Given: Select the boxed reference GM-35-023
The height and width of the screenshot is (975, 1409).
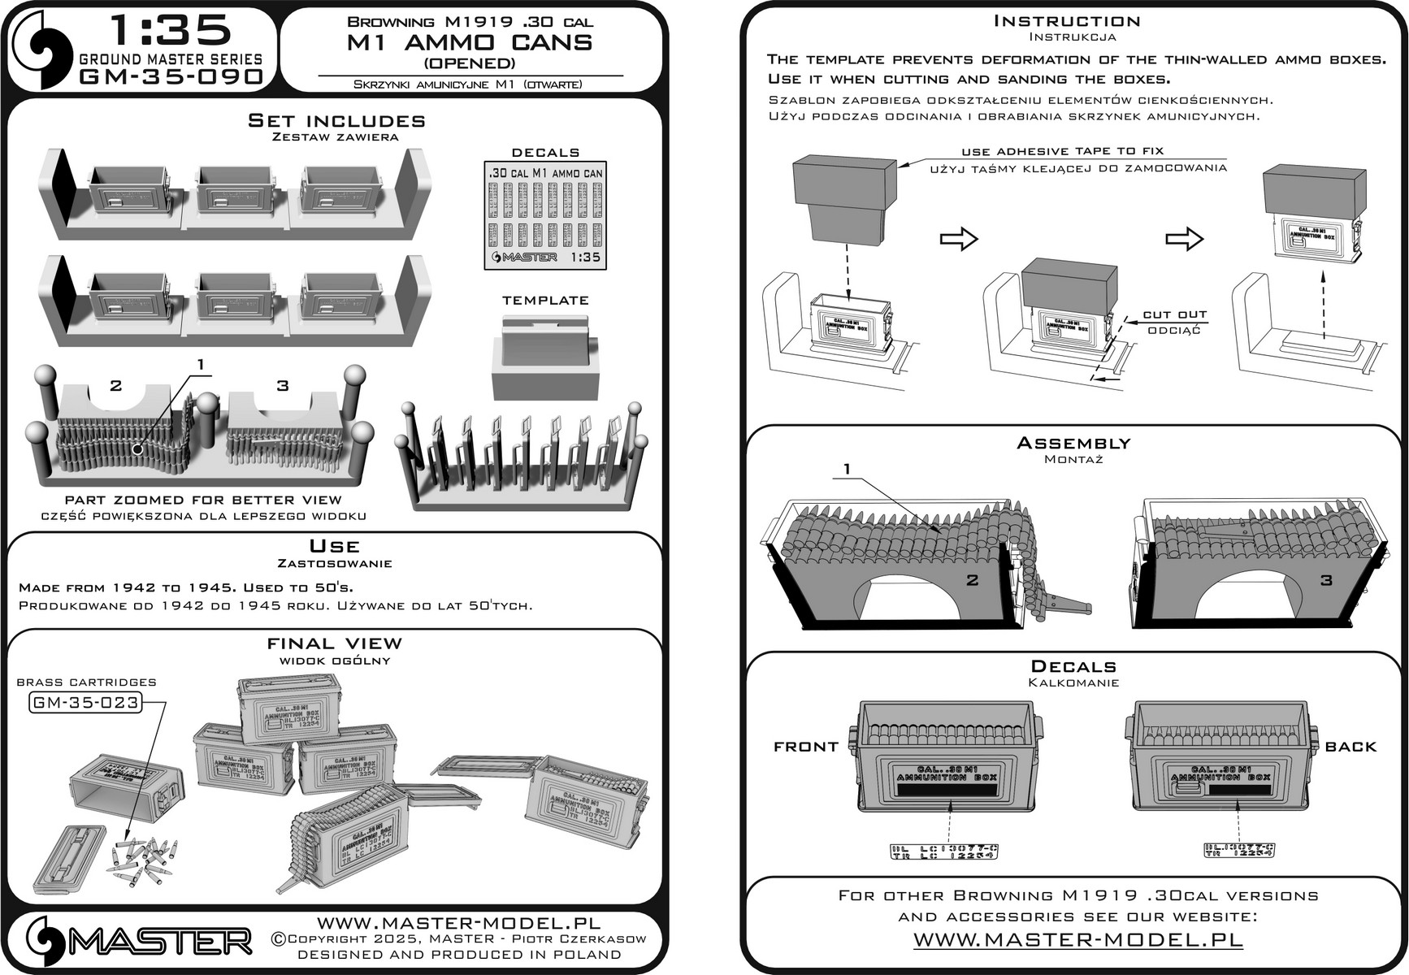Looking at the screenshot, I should click(85, 702).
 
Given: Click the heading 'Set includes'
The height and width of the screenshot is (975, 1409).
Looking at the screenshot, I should click(336, 121).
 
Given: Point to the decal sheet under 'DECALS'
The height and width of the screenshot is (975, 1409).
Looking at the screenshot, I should click(545, 215).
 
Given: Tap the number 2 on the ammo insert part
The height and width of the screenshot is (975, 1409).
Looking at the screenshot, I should click(116, 385).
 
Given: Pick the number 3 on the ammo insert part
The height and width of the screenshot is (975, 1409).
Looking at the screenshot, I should click(283, 385).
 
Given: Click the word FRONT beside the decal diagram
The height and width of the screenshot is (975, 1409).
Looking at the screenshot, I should click(805, 747).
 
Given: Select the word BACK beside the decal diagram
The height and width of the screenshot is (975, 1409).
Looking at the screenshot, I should click(1350, 747).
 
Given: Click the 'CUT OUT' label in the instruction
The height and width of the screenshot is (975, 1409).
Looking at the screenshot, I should click(1174, 314).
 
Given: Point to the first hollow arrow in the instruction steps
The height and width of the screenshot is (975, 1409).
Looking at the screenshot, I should click(958, 239).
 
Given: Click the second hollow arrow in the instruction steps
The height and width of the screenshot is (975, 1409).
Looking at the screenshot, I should click(1184, 239).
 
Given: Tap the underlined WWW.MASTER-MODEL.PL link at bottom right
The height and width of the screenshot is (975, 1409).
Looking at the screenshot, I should click(1078, 940).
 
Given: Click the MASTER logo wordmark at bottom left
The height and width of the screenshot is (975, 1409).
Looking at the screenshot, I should click(159, 942).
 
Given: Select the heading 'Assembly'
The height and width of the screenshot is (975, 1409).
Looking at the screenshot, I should click(1073, 443).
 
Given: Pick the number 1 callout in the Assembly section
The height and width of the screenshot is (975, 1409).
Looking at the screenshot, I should click(848, 469).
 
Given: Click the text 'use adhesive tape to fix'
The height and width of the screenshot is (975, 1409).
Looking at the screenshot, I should click(1062, 151).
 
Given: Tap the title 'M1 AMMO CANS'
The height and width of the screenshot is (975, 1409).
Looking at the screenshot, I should click(469, 43).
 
